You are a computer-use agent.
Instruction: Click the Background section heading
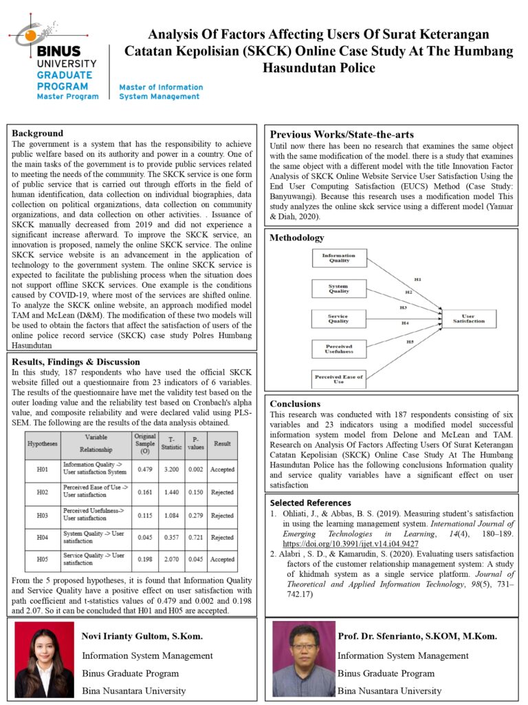tap(37, 133)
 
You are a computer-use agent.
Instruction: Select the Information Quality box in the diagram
tap(338, 258)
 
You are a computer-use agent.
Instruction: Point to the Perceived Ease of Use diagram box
tap(338, 379)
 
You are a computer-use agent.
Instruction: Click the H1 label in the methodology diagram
tap(417, 279)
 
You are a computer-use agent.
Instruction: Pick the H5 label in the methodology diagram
tap(410, 342)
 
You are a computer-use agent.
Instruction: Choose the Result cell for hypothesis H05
tap(222, 560)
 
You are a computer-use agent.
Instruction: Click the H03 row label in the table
tap(42, 515)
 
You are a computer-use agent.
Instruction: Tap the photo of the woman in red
tap(44, 660)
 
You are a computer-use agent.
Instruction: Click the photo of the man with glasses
tap(299, 660)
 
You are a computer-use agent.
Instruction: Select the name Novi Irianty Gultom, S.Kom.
tap(142, 635)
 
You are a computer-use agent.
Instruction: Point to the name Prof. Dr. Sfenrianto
tap(417, 635)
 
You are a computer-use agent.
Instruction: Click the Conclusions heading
tap(295, 403)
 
